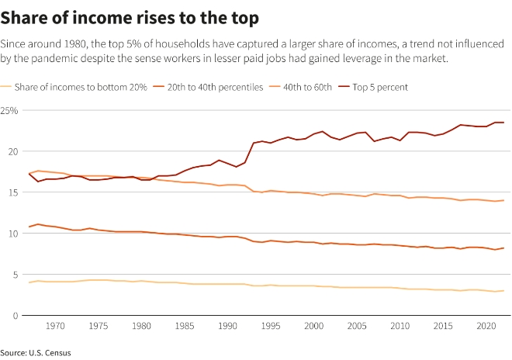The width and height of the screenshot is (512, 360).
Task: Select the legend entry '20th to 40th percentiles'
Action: coord(213,87)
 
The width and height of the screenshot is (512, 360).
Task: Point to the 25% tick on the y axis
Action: coord(10,111)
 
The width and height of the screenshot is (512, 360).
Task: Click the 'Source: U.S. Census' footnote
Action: coord(36,353)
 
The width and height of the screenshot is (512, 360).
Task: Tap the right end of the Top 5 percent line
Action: coord(503,123)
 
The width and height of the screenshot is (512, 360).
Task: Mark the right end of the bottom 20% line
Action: coord(503,291)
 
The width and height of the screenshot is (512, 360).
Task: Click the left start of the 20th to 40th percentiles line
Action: coord(29,227)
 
